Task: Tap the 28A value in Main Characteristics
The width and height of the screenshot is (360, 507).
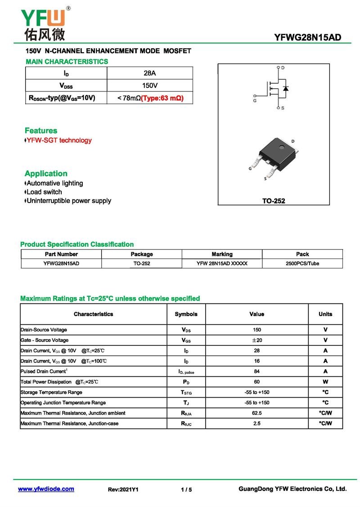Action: pos(150,73)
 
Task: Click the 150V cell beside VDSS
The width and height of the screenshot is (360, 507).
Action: pos(150,85)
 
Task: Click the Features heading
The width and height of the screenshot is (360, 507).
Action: pos(41,131)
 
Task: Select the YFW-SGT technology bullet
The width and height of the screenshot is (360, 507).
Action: pos(58,140)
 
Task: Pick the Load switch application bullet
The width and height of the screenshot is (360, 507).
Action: pos(44,192)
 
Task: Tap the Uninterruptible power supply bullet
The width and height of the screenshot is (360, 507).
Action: pos(68,201)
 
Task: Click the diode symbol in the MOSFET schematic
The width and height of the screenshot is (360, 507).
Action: pos(286,88)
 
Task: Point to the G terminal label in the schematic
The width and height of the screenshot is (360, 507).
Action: pos(255,101)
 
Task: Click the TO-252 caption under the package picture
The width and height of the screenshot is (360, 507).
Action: pos(274,201)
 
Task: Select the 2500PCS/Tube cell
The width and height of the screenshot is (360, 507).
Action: pos(302,263)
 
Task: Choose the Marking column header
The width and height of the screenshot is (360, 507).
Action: pos(222,254)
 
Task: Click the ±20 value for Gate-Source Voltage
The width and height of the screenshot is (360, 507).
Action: pos(256,340)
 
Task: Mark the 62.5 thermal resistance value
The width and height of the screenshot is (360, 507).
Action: pos(256,413)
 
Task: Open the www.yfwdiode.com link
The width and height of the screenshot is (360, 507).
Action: pos(46,489)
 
